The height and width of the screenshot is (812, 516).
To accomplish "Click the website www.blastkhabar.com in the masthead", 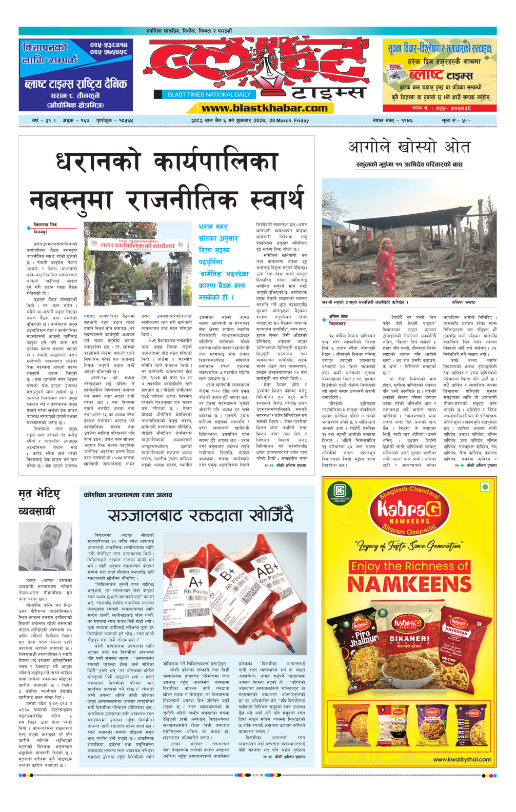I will (264, 108).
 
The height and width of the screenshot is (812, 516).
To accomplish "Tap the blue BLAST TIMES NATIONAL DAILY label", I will (209, 94).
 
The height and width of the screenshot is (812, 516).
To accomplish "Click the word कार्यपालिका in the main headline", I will (215, 161).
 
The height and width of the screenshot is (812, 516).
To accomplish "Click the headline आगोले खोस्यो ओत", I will (409, 147).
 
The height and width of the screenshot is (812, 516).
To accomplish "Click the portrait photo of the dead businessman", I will (45, 547).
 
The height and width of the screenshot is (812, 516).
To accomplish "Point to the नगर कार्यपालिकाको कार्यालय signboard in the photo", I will (138, 245).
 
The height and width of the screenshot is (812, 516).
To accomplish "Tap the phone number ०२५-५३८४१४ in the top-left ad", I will (109, 45).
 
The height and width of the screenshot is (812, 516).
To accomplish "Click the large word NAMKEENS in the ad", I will (409, 584).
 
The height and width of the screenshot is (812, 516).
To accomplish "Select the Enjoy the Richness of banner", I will (409, 566).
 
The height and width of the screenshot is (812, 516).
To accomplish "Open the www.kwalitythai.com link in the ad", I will (462, 759).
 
